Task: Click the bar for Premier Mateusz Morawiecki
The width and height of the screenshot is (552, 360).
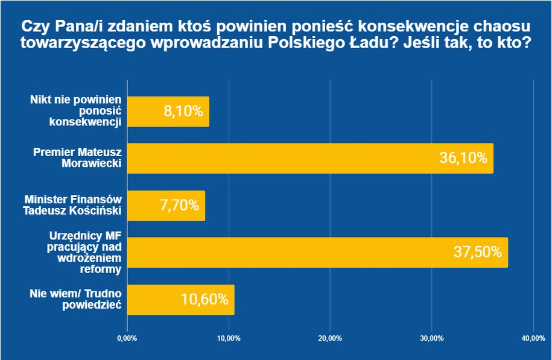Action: pos(309,159)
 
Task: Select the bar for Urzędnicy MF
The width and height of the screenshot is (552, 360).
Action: pos(317,252)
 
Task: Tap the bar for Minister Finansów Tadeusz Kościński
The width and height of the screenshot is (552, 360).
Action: pos(166,206)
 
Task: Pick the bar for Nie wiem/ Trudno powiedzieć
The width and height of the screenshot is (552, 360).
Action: pos(180,300)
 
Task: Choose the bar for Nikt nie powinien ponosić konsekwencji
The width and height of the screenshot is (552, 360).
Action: pos(168,112)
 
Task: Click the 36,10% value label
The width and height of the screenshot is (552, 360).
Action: pos(463,159)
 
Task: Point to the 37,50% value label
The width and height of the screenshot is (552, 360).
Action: pos(477,252)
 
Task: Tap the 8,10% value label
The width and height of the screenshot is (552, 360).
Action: pos(183,112)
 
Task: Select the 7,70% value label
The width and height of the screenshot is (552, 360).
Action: pos(179,206)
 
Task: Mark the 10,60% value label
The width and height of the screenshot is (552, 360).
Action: pos(205,300)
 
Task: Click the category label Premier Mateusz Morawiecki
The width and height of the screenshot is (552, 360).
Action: pos(78,159)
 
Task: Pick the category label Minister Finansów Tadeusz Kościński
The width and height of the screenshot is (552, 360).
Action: pos(73,206)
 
